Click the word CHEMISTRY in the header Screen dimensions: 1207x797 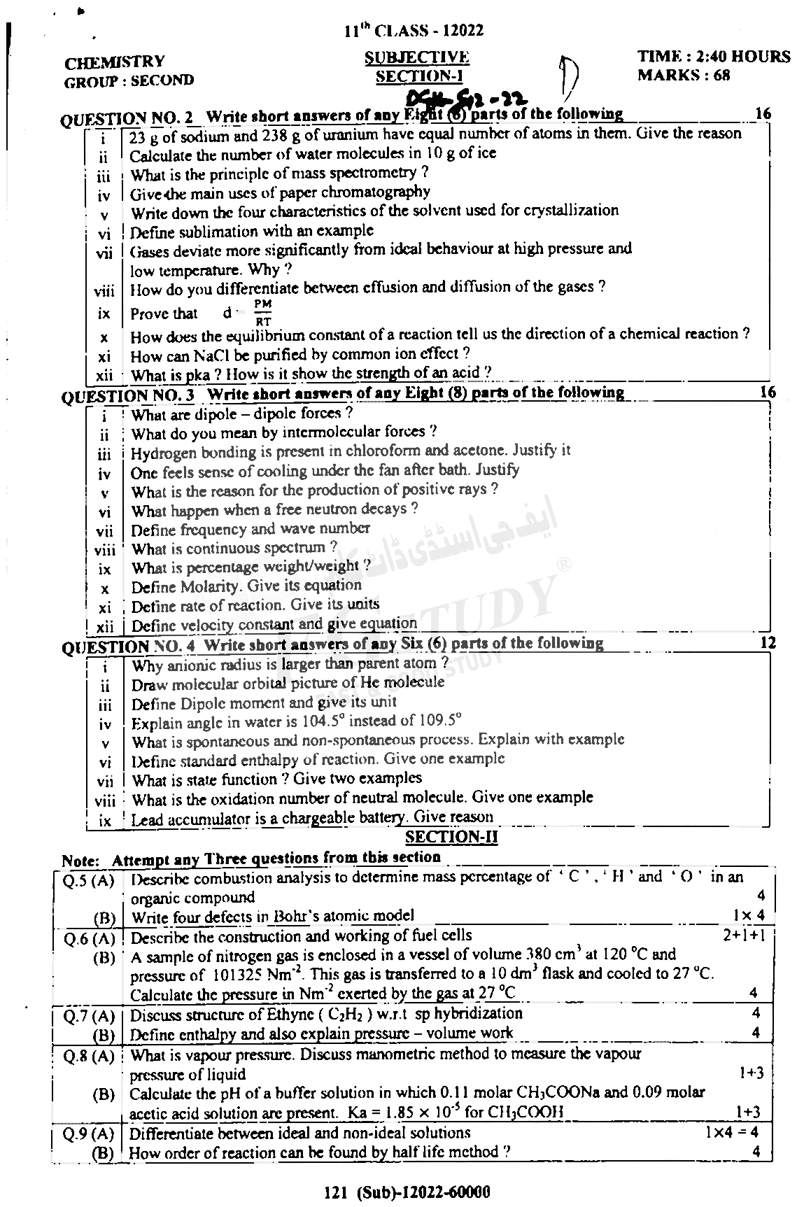click(x=115, y=62)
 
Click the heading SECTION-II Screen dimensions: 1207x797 click(x=451, y=837)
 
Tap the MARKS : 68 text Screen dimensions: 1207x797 click(x=684, y=76)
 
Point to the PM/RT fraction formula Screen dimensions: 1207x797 click(x=263, y=313)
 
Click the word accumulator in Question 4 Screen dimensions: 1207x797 click(x=208, y=818)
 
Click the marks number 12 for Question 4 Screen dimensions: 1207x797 click(x=767, y=642)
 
